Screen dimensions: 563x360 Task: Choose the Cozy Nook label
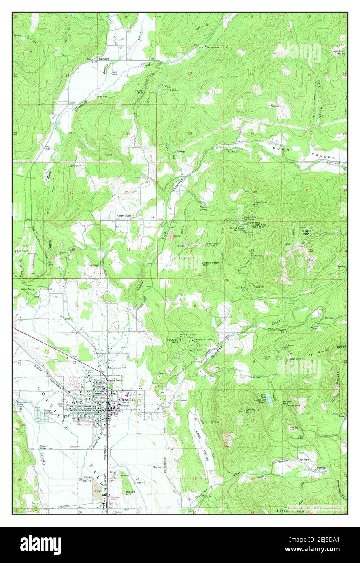pyautogui.click(x=124, y=216)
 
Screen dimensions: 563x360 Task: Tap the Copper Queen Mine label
pyautogui.click(x=261, y=205)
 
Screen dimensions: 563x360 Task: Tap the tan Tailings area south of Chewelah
pyautogui.click(x=98, y=486)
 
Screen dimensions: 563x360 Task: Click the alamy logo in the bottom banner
pyautogui.click(x=40, y=544)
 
